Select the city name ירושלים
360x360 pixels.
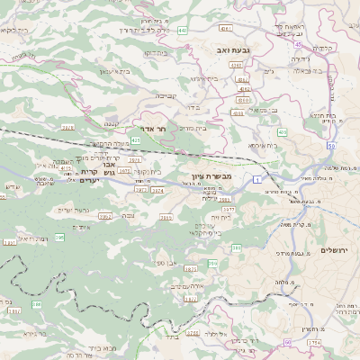point(335,249)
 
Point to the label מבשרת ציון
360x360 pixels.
point(211,176)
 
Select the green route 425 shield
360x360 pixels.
point(136,141)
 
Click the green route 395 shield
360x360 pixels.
point(59,238)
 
